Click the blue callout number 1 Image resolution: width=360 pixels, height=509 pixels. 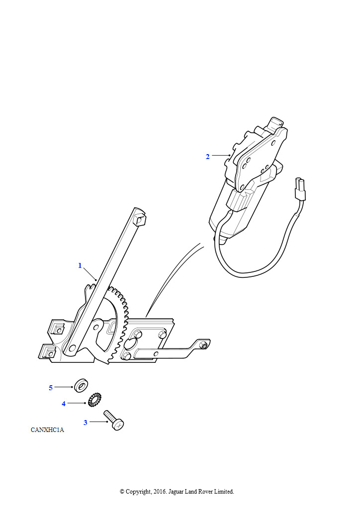click(80, 265)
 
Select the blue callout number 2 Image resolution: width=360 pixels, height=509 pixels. click(208, 157)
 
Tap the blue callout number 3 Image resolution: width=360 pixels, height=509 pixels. click(86, 423)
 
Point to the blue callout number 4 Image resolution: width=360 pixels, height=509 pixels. click(64, 404)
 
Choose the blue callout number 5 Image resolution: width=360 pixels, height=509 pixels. click(51, 388)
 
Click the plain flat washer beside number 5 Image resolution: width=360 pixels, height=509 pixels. click(81, 385)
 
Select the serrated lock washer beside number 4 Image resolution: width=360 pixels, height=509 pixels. click(94, 400)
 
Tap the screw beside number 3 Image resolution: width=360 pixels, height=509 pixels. click(114, 420)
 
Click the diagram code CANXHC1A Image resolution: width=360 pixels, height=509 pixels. click(47, 430)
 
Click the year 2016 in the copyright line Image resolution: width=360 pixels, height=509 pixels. click(159, 492)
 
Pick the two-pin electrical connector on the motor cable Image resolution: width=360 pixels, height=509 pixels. click(300, 189)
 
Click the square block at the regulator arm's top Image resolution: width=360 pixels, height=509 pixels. click(140, 219)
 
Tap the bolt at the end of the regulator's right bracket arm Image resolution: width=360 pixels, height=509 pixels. click(203, 345)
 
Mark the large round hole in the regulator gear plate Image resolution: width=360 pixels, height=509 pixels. click(131, 343)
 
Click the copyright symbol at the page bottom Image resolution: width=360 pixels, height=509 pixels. click(122, 492)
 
